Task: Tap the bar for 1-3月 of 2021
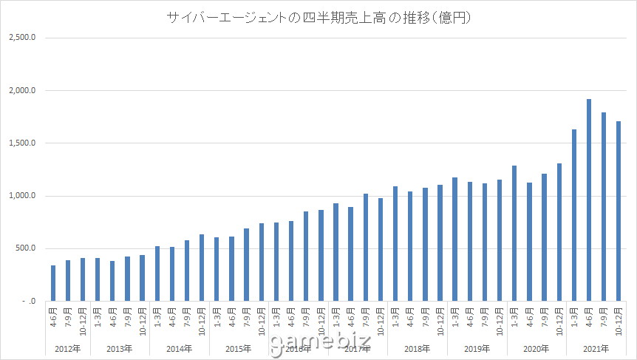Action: pos(574,215)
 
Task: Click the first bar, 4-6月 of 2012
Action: pos(52,283)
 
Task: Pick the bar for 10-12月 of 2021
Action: pos(619,211)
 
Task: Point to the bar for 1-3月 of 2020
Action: pos(514,233)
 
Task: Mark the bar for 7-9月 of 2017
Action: pos(365,247)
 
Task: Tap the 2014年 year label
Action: pos(179,347)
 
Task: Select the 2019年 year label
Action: pos(477,347)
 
